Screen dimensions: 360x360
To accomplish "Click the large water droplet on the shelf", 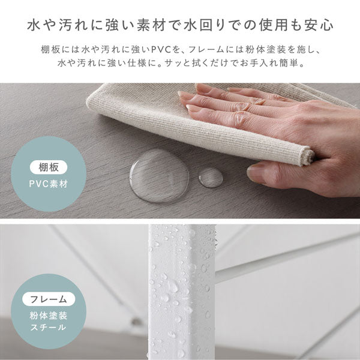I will tap(159, 175).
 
